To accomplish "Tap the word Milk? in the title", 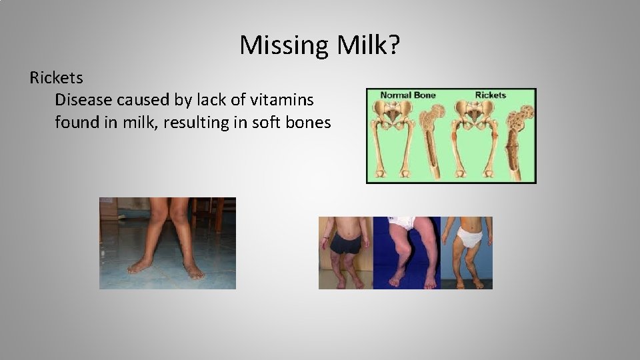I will [369, 45].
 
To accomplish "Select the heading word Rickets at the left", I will [57, 78].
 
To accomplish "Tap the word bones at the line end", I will [308, 123].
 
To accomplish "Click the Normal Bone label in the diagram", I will [408, 95].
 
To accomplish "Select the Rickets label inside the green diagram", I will [490, 95].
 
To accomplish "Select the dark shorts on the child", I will [345, 245].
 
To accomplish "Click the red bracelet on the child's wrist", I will [326, 238].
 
